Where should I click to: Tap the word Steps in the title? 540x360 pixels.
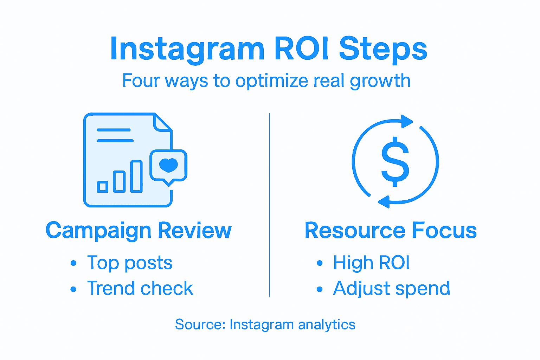(x=383, y=49)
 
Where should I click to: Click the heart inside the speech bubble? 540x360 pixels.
(x=168, y=165)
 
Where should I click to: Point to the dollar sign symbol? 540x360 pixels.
(x=395, y=161)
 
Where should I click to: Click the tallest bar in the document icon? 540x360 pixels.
(x=136, y=176)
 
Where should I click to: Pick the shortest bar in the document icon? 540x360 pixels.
(x=103, y=186)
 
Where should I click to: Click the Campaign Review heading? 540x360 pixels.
(x=139, y=231)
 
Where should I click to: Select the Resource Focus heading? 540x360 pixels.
(x=391, y=231)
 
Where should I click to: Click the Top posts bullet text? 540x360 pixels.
(x=130, y=263)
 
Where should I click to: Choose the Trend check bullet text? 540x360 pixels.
(x=140, y=288)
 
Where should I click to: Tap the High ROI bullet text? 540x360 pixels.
(x=371, y=263)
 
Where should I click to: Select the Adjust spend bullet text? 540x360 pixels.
(x=391, y=289)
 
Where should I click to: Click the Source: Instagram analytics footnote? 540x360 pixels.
(x=265, y=324)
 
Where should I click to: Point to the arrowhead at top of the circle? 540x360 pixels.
(x=407, y=121)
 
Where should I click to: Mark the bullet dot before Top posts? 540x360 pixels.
(x=73, y=263)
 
